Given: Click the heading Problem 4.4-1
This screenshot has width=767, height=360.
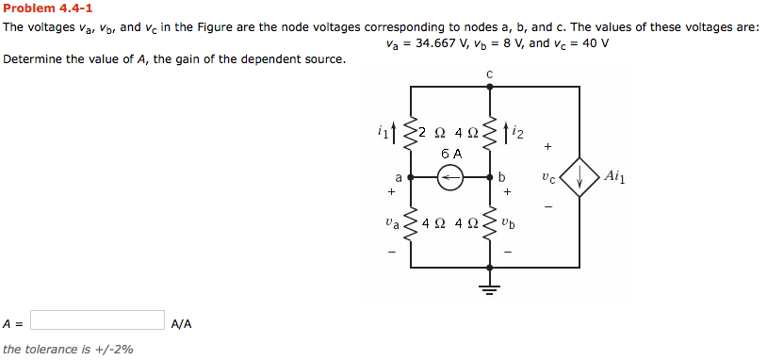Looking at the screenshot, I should point(47,8).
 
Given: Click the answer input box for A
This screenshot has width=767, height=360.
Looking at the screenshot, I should point(98,320).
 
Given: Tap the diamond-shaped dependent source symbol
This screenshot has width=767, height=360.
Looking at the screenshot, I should point(578,176).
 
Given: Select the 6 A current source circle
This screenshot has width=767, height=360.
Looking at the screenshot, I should point(450,176).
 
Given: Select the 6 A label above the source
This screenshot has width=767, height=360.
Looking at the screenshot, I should point(451,153).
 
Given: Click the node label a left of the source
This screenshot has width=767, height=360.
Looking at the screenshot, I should point(399,176).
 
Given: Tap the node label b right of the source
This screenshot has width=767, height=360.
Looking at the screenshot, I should point(502,176).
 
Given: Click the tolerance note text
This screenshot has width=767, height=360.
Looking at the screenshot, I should point(68,349).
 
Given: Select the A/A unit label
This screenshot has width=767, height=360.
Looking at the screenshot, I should point(182,323).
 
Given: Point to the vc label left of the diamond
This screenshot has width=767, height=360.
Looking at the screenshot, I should point(549,175).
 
